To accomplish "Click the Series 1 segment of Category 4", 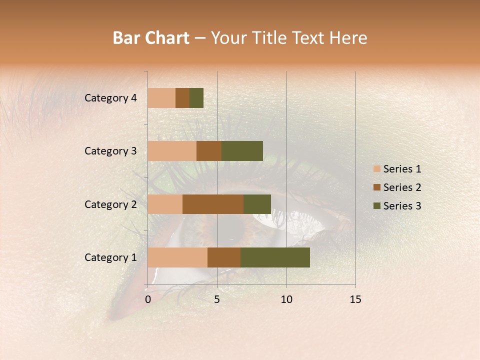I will (161, 98).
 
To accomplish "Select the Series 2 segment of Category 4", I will (182, 98).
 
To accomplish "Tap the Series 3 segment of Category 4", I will (196, 98).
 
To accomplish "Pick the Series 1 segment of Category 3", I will (172, 151).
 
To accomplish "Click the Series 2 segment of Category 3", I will (209, 151).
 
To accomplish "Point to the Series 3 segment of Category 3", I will (242, 151).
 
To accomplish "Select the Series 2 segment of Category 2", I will (213, 204).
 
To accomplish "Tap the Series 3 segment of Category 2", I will (257, 204).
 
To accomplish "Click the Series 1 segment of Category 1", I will (177, 257).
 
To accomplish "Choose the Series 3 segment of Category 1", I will (275, 257).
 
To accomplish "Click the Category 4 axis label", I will (110, 98).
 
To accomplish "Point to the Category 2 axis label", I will (110, 204).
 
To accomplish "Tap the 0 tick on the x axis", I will (148, 299).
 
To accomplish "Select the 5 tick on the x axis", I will (217, 299).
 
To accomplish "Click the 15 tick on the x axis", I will (355, 299).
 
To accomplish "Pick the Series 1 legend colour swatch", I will (376, 169).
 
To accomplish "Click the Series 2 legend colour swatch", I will (376, 187).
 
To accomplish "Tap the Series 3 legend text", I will (402, 206).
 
